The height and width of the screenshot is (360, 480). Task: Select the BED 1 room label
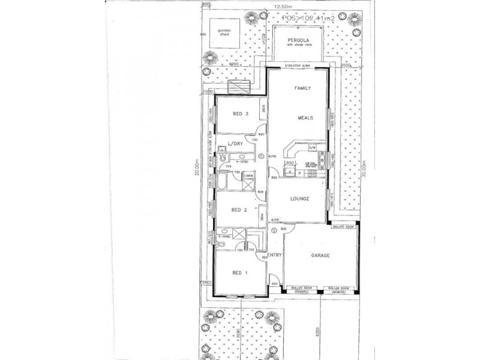[x=239, y=273]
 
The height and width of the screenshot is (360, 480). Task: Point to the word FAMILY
[x=301, y=88]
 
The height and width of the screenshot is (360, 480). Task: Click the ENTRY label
[x=275, y=256]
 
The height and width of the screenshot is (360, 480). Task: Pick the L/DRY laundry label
[x=235, y=143]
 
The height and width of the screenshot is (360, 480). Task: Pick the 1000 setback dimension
[x=208, y=91]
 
